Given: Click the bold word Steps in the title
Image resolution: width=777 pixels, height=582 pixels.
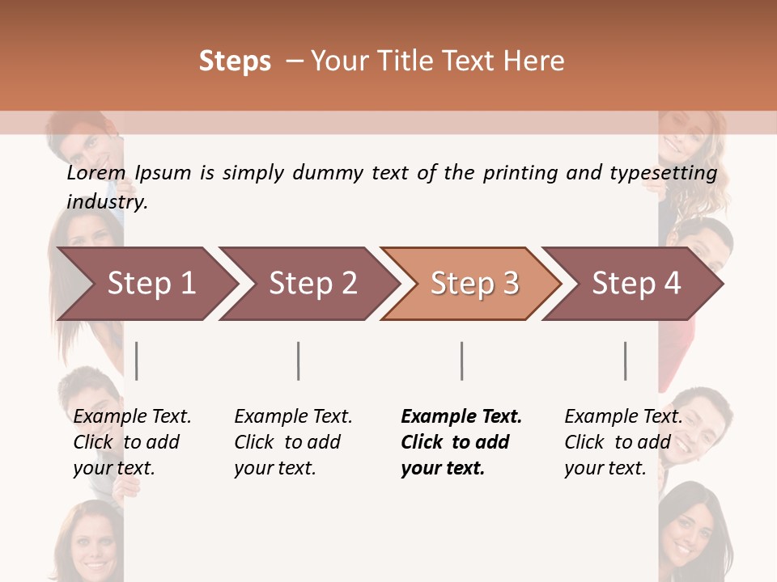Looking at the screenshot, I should (x=235, y=61).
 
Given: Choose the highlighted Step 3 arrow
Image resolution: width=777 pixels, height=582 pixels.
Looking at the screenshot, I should (x=474, y=283).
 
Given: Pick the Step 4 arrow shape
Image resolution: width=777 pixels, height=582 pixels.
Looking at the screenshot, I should (x=636, y=283).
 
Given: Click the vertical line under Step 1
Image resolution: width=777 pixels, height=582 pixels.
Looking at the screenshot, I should (x=137, y=361).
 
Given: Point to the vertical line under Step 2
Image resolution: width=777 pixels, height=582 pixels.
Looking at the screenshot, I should (x=299, y=361).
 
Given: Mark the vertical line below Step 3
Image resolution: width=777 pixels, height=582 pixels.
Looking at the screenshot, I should (x=462, y=361).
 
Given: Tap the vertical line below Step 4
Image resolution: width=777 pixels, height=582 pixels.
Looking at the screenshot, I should (x=626, y=361).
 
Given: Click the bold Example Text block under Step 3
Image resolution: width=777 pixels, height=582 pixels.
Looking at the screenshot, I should (x=461, y=442).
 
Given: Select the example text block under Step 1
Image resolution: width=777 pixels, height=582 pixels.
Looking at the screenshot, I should (x=132, y=442).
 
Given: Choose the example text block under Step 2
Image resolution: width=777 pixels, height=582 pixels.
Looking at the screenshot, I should (x=293, y=442).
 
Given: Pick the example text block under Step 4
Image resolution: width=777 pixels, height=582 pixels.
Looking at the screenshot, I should (x=623, y=442).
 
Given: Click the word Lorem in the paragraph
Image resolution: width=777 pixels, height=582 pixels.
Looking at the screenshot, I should (x=96, y=173).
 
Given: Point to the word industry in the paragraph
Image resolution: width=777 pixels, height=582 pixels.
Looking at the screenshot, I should (x=107, y=202).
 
